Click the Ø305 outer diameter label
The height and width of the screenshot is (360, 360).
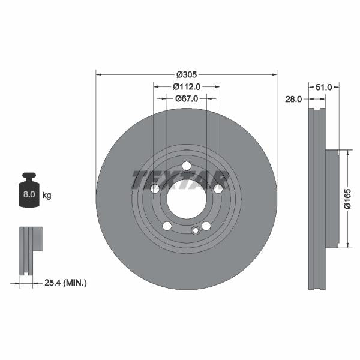(186, 74)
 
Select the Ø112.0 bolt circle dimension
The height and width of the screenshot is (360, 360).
(186, 86)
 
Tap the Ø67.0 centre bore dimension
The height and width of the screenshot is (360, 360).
(186, 98)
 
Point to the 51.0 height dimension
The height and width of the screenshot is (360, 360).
(323, 87)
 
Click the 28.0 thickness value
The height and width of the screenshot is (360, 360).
(293, 100)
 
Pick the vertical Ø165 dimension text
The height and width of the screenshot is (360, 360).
(347, 199)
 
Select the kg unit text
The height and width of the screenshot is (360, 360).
(47, 196)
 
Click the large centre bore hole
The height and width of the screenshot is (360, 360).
(186, 199)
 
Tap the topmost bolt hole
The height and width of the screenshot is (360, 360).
(186, 166)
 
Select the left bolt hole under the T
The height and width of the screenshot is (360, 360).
(155, 189)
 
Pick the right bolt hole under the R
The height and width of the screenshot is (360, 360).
(218, 189)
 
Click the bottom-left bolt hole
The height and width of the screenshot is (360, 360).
(167, 226)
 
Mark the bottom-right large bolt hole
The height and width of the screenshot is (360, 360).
(206, 226)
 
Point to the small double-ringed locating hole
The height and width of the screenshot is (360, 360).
(194, 231)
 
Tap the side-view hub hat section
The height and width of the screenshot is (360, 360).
(332, 199)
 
